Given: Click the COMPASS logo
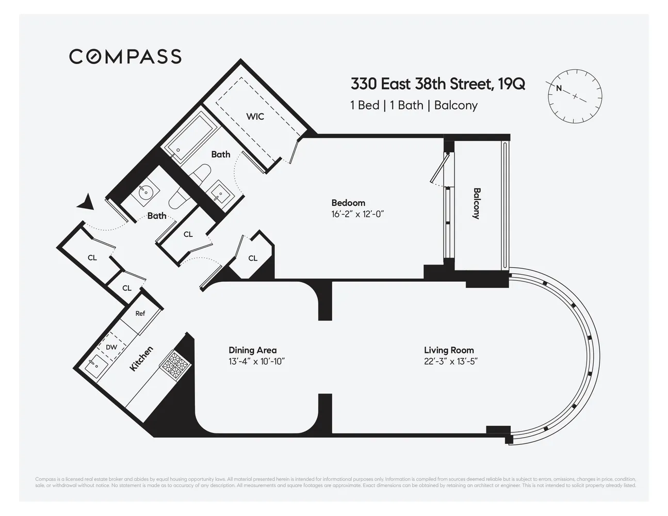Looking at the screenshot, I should click(x=125, y=56).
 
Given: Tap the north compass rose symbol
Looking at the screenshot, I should click(x=575, y=95).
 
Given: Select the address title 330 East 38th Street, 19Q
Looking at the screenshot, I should click(x=438, y=84).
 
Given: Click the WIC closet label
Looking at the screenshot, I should click(x=255, y=117).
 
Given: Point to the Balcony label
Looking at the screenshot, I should click(x=477, y=203).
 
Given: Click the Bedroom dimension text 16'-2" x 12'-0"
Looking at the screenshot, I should click(x=357, y=214).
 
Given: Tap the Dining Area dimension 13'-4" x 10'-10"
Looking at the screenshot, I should click(x=256, y=361).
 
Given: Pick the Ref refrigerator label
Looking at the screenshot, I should click(x=140, y=314).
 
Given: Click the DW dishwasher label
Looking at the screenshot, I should click(x=111, y=347).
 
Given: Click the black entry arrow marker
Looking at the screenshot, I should click(x=87, y=202).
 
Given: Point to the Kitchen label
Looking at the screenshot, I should click(x=141, y=358).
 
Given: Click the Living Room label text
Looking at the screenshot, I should click(x=449, y=350).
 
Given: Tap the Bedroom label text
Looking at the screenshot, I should click(x=348, y=203).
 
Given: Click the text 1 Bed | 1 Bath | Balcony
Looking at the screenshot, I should click(x=414, y=105).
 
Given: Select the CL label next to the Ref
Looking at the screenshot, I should click(x=127, y=288).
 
